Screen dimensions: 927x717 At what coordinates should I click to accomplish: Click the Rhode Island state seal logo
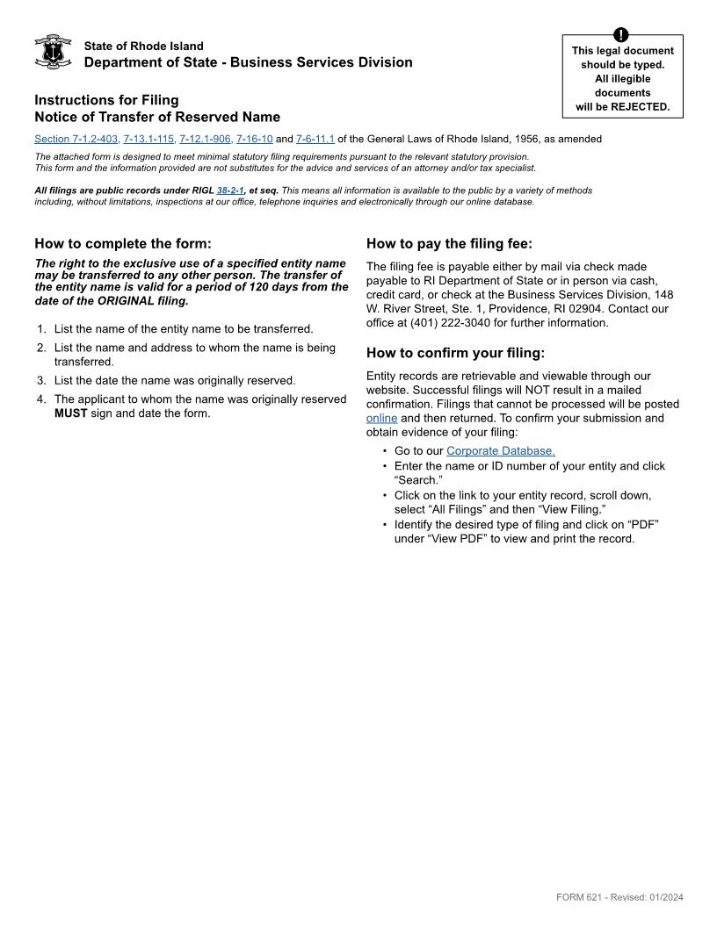tap(53, 53)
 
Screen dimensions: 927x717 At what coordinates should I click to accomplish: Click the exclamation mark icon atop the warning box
tap(622, 35)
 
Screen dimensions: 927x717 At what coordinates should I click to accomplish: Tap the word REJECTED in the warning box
tap(641, 107)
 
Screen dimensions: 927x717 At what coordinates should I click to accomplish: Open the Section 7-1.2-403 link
tap(76, 139)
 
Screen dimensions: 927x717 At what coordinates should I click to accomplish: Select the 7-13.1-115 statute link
tap(148, 139)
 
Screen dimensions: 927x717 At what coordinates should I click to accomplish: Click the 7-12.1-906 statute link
tap(205, 139)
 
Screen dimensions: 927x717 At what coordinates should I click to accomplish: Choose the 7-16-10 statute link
tap(255, 139)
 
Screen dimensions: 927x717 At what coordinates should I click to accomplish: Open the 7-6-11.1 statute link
tap(315, 139)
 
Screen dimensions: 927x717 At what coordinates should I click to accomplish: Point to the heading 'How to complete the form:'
tap(123, 244)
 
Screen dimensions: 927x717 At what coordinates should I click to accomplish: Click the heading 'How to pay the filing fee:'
tap(449, 244)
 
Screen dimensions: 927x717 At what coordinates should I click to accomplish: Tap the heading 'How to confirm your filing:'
tap(455, 353)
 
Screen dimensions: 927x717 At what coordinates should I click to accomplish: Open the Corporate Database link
tap(500, 451)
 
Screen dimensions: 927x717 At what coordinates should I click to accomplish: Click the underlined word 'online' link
tap(381, 419)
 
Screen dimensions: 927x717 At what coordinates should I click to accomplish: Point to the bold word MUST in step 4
tap(70, 413)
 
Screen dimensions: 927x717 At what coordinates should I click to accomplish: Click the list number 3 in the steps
tap(41, 381)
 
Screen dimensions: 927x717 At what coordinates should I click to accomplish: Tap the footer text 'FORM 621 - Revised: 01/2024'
tap(619, 897)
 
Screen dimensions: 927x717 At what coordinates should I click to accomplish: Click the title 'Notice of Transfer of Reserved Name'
tap(157, 117)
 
